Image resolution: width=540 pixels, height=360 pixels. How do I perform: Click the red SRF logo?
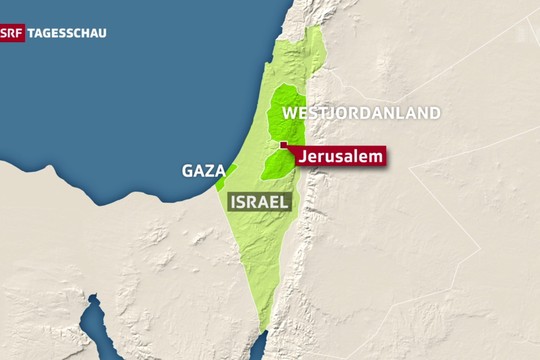tap(12, 32)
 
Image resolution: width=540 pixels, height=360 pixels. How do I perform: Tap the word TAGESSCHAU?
tap(66, 32)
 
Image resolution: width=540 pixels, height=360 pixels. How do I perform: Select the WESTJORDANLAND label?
tap(361, 113)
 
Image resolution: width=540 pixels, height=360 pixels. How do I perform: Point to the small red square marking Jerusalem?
tap(283, 146)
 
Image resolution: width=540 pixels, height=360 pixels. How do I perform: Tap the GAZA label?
tap(202, 170)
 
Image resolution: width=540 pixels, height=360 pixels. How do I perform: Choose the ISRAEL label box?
tap(260, 202)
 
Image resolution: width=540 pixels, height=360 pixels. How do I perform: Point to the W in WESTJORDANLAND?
tap(291, 113)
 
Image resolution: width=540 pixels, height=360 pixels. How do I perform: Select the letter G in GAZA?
tap(188, 170)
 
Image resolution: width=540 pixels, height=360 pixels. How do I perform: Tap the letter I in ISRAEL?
tap(234, 202)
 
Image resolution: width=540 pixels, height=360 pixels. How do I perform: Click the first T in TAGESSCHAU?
tap(32, 32)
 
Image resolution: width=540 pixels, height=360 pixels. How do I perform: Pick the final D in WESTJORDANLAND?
tap(433, 113)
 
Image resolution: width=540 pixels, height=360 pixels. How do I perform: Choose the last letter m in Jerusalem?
tap(376, 157)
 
